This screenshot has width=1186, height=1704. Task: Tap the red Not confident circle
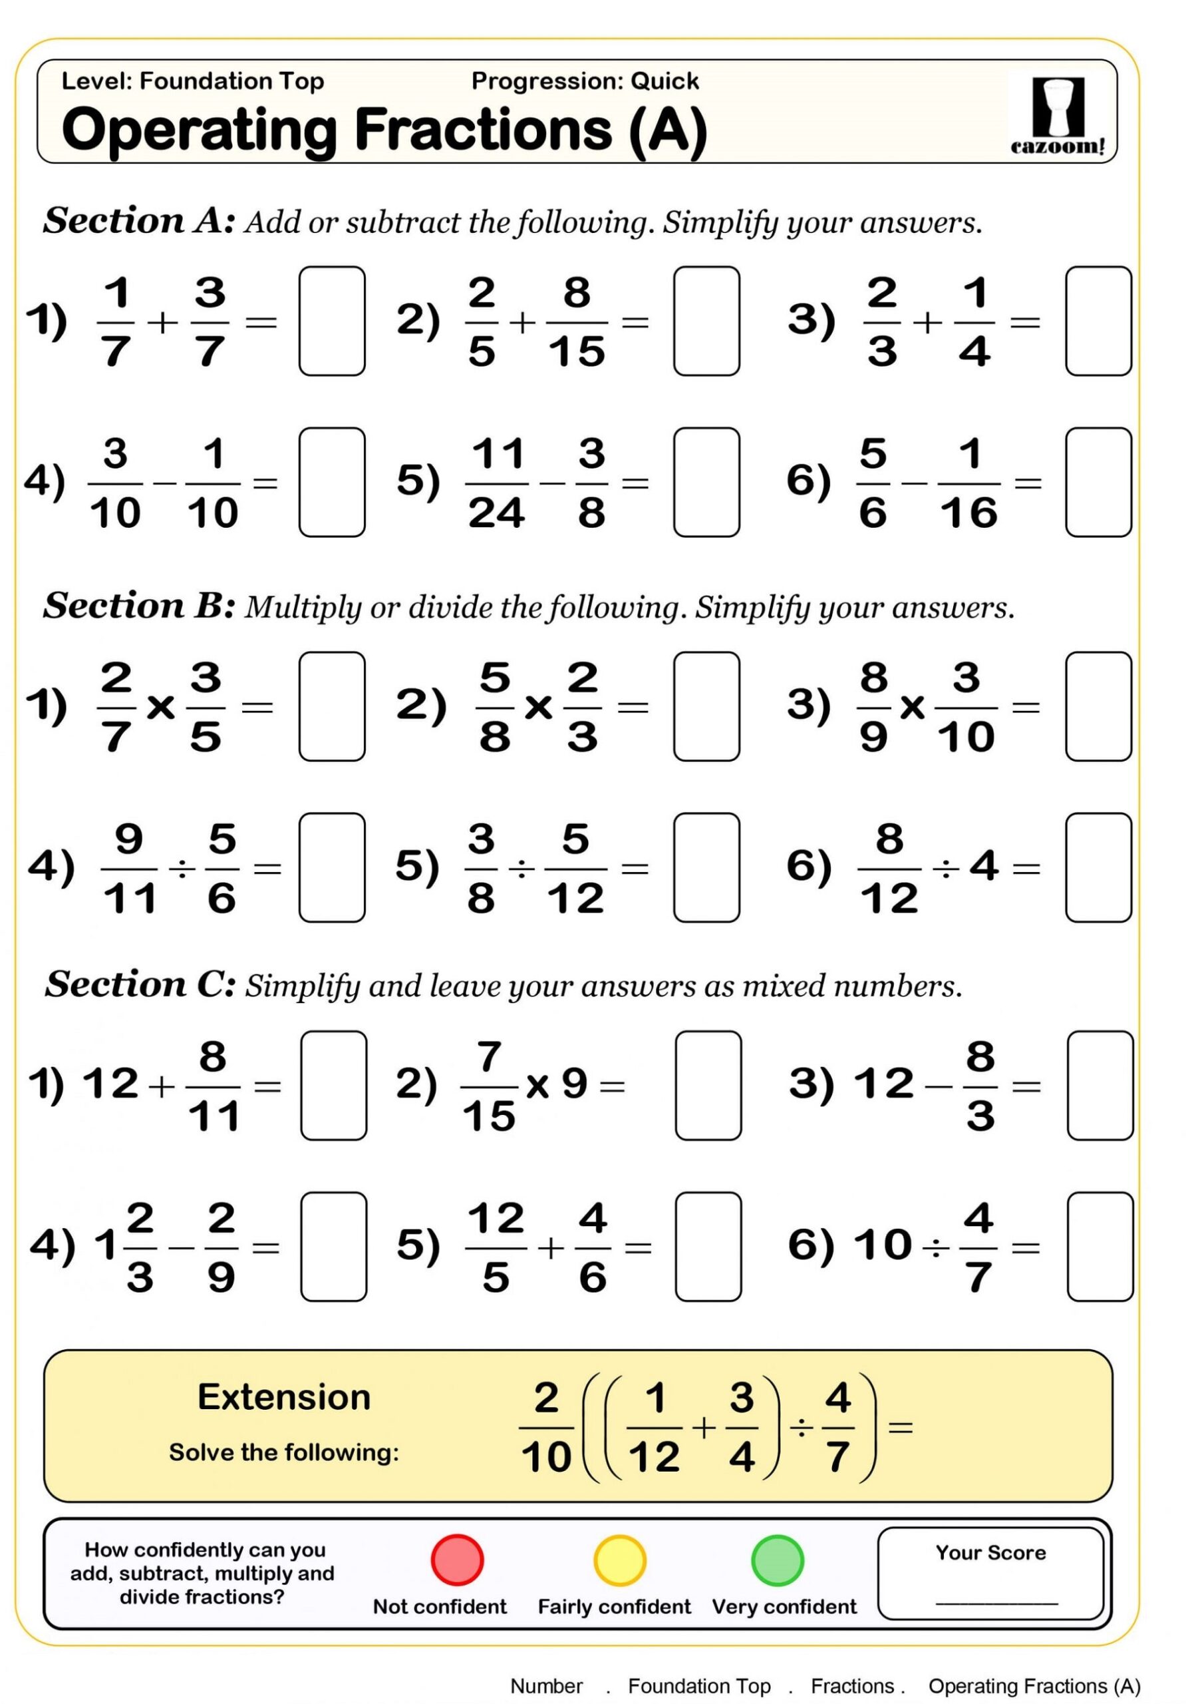458,1560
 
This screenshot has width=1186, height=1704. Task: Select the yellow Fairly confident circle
619,1560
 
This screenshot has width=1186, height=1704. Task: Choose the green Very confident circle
778,1560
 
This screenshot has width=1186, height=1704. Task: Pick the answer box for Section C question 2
708,1085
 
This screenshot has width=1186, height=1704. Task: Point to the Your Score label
990,1553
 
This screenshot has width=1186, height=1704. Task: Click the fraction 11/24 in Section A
497,483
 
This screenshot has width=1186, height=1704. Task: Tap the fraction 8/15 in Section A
576,322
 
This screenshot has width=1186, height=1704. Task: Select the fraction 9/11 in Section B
129,869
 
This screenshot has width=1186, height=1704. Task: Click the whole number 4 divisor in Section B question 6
984,865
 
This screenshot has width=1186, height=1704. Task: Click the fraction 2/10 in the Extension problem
546,1427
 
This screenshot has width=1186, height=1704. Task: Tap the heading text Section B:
140,606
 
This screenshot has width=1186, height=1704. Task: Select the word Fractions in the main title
484,130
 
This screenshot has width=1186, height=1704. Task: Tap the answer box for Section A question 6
1098,483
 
